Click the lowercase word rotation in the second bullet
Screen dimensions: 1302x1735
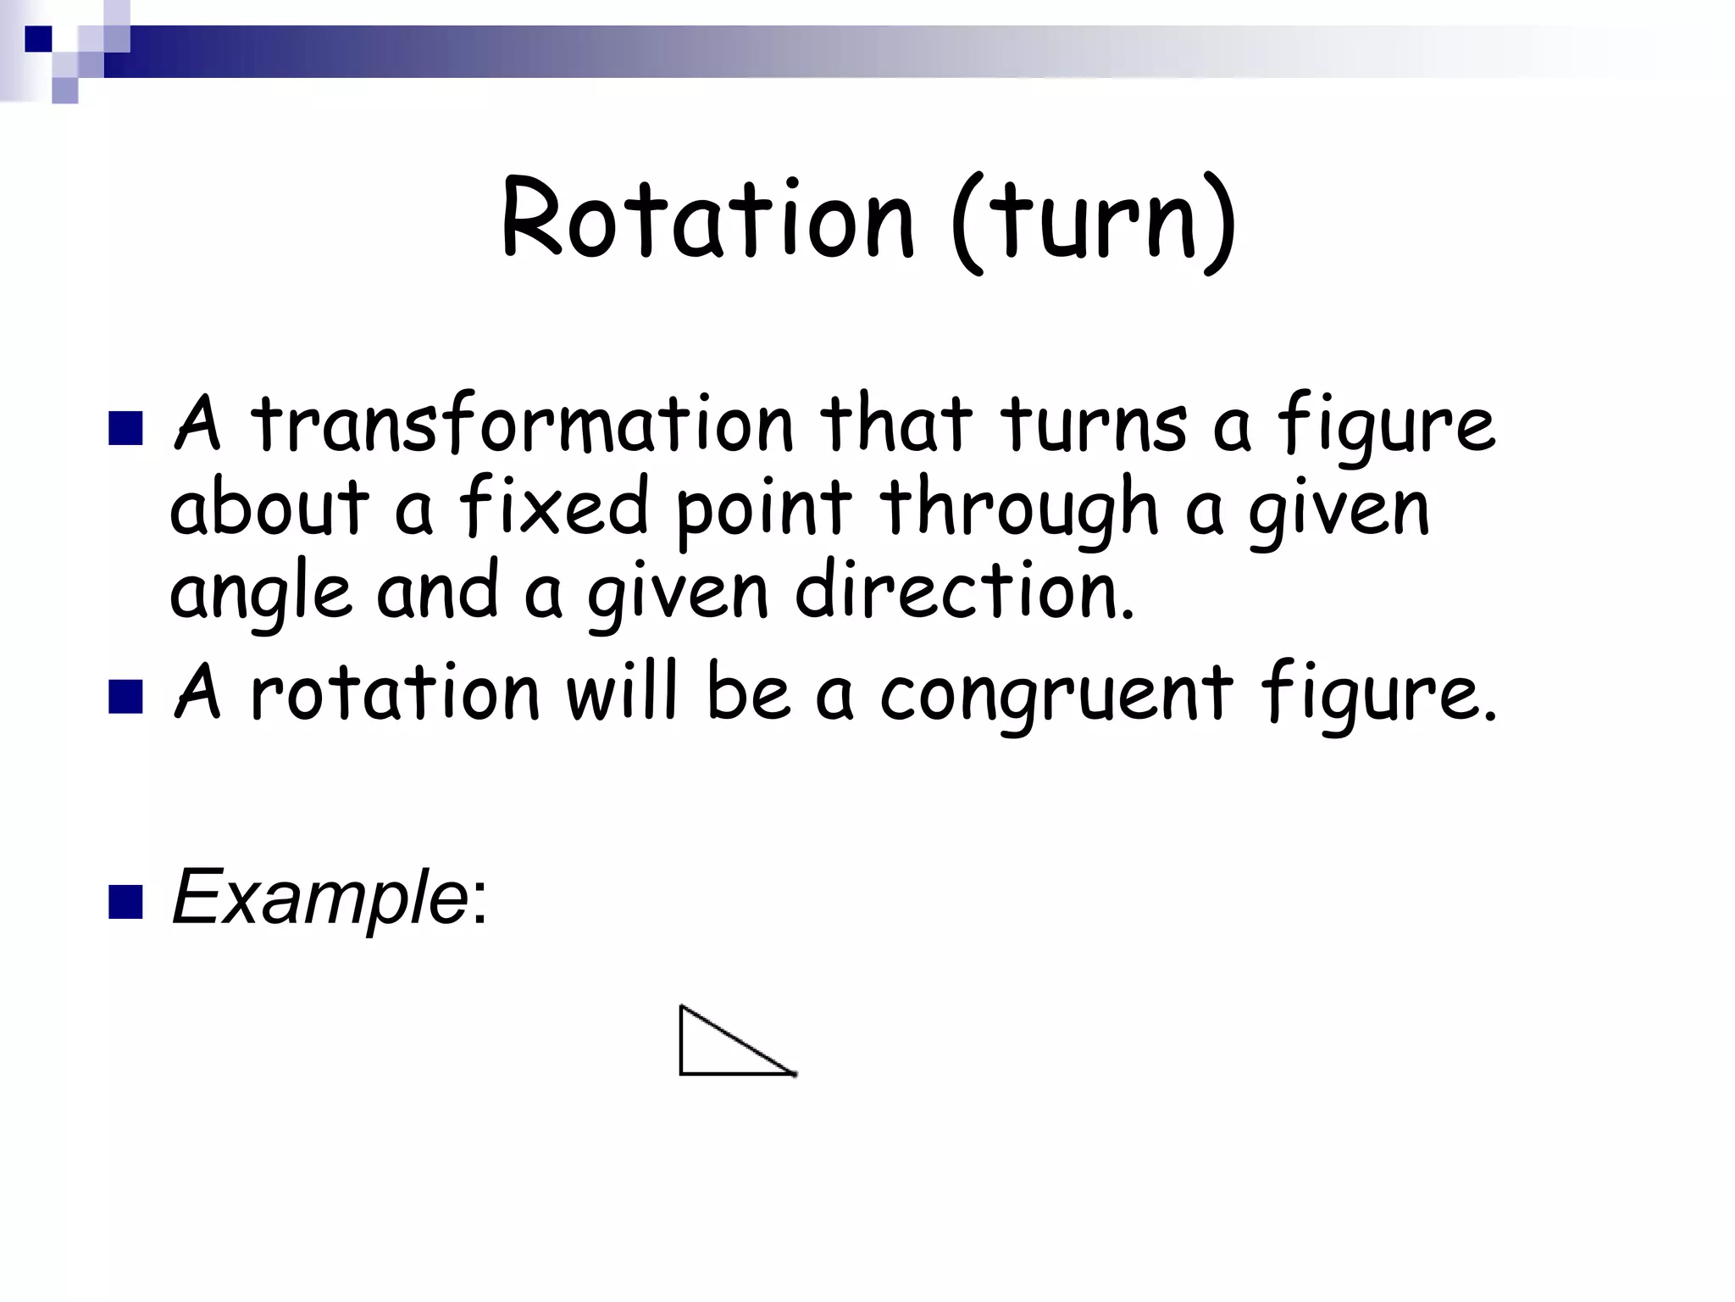click(395, 693)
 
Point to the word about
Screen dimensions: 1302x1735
click(269, 509)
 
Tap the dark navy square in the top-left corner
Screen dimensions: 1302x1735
click(38, 38)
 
